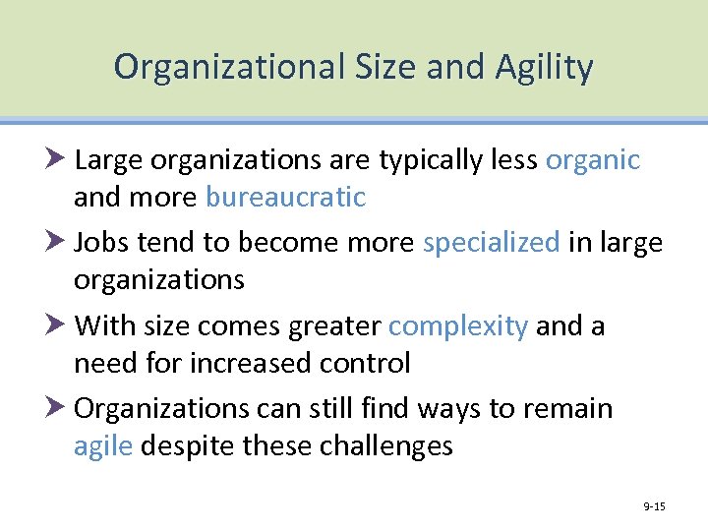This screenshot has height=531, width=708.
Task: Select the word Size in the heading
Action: pos(374,67)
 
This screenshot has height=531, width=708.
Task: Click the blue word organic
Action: pos(593,160)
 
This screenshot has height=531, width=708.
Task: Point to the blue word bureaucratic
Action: pos(285,198)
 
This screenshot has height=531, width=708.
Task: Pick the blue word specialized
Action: pos(491,242)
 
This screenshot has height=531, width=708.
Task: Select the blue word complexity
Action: pos(458,325)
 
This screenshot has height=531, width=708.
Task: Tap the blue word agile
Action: pos(103,446)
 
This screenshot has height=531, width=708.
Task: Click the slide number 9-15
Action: pos(654,506)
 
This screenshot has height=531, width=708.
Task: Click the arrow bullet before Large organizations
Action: pos(55,157)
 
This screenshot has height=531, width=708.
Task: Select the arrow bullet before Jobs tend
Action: pos(55,241)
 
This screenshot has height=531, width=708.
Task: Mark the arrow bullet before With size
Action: pos(55,324)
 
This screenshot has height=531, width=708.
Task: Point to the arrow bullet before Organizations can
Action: pos(55,407)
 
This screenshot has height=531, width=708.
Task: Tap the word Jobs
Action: pos(102,242)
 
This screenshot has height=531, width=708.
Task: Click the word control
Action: pos(365,363)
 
